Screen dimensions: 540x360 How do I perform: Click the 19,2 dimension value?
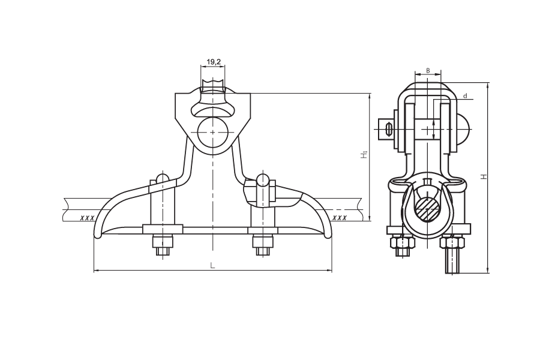point(214,62)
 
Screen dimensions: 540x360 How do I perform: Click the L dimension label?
point(213,265)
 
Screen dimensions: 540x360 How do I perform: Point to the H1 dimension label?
point(364,155)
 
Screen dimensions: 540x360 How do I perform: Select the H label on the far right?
point(484,177)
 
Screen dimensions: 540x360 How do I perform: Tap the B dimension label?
point(428,70)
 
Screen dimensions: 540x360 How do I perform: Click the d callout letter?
point(465,95)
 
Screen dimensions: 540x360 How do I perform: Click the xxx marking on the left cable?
point(87,218)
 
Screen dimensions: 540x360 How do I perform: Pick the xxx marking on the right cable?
point(340,218)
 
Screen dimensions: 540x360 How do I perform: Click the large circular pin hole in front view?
point(213,132)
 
